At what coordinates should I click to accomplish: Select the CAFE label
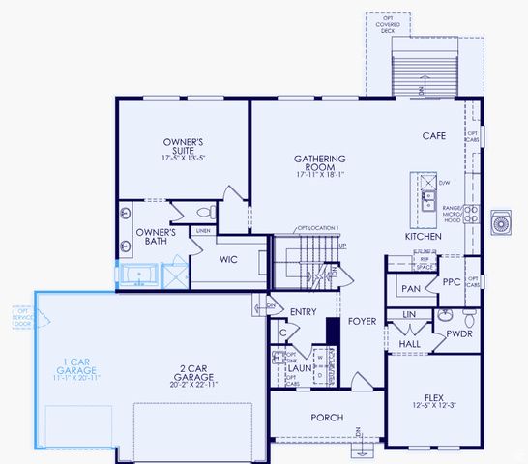[x=432, y=136]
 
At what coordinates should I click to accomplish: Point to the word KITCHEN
[x=424, y=236]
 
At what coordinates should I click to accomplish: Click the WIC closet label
[x=228, y=259]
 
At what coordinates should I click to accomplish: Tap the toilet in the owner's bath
[x=206, y=212]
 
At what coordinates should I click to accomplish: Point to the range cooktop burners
[x=471, y=215]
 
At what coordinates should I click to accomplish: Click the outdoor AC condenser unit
[x=502, y=224]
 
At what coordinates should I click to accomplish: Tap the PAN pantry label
[x=411, y=288]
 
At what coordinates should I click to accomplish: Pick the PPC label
[x=451, y=283]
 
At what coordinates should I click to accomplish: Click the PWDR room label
[x=458, y=334]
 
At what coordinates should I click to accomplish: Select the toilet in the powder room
[x=468, y=317]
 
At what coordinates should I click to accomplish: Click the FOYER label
[x=363, y=321]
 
